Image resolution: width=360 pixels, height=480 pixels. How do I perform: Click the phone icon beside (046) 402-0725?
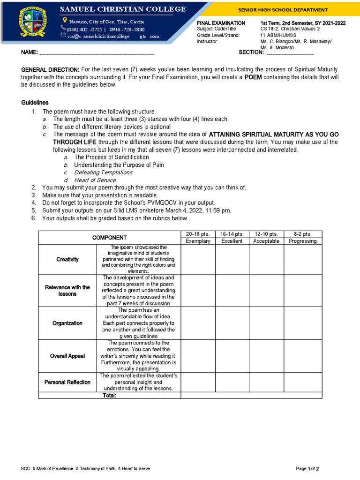tap(63, 29)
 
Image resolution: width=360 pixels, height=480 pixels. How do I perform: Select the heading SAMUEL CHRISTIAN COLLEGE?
tap(122, 9)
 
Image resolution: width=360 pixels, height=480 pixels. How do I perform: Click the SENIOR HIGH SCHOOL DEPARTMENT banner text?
tap(290, 10)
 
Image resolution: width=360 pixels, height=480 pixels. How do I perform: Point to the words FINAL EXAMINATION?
tap(221, 22)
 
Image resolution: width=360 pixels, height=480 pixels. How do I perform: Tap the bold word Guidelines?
tap(35, 103)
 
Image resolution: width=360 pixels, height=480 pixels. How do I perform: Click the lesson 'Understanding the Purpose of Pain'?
tap(119, 165)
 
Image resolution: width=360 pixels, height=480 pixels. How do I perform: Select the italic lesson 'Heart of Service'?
tap(95, 180)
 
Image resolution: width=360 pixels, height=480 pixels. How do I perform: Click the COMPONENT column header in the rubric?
tap(109, 238)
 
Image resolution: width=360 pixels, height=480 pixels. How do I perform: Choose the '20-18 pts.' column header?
tap(198, 234)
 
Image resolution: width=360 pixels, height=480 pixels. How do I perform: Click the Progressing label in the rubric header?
tap(302, 241)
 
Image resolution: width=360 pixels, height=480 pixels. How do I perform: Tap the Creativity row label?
tap(67, 259)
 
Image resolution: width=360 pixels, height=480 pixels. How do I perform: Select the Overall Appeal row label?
tap(67, 356)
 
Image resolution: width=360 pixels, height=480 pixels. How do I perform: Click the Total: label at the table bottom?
tap(109, 395)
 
